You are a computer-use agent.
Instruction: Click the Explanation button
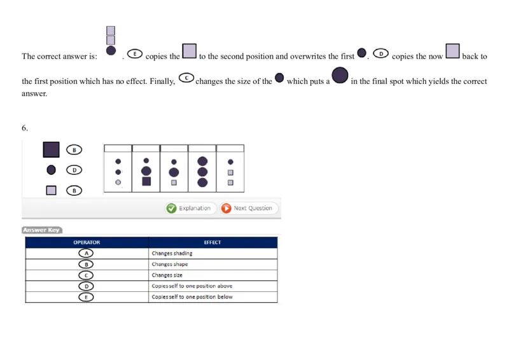pos(189,208)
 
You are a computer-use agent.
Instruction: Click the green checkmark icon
pos(171,208)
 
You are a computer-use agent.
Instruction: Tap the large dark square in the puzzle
pos(52,149)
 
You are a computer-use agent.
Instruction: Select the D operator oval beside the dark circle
pos(74,170)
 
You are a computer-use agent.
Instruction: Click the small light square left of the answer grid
pos(52,190)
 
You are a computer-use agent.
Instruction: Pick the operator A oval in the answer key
pos(87,253)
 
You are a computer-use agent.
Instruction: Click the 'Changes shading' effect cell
pos(213,253)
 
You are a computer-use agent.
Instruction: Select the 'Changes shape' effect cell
pos(213,264)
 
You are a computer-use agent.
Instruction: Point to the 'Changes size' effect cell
pos(213,275)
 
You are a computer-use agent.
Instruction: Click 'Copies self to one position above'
pos(213,286)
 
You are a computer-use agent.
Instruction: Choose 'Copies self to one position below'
pos(213,297)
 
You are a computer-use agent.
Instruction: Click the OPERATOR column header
pos(87,242)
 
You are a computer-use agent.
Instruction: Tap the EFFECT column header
pos(213,242)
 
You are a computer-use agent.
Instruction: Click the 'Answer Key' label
pos(41,230)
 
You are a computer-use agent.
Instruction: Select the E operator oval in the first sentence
pos(135,54)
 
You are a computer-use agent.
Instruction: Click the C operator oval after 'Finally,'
pos(186,78)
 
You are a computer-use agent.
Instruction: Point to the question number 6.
pos(24,128)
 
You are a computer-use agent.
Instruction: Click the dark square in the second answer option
pos(146,181)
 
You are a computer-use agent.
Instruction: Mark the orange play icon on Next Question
pos(227,208)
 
